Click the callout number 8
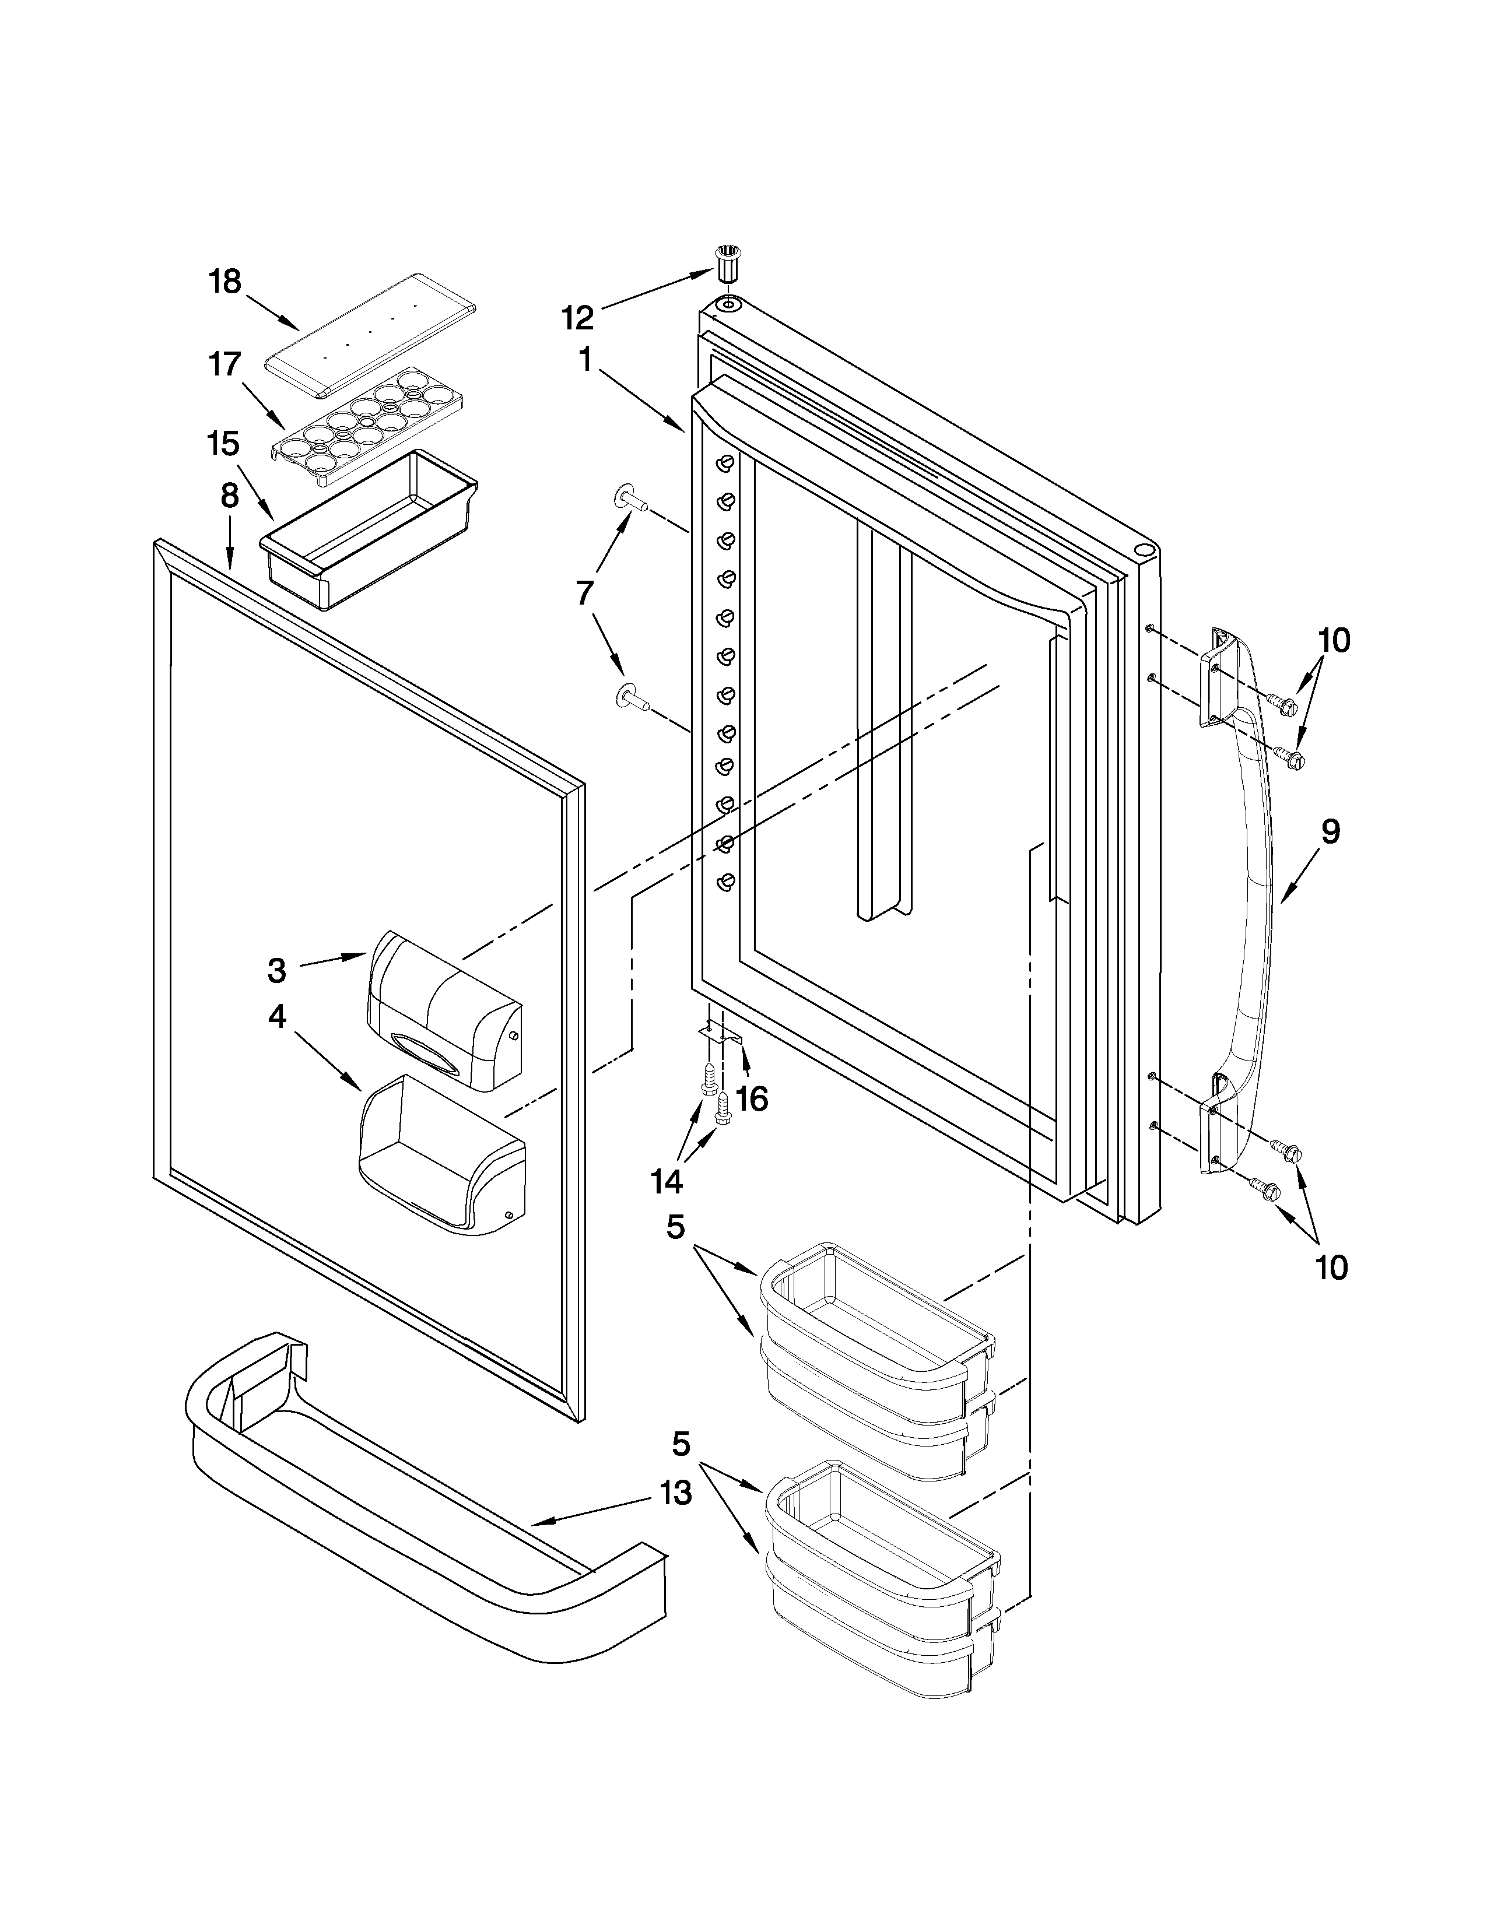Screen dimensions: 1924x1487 coord(229,496)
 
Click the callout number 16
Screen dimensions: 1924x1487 coord(752,1098)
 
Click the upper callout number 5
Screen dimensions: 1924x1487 coord(676,1227)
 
